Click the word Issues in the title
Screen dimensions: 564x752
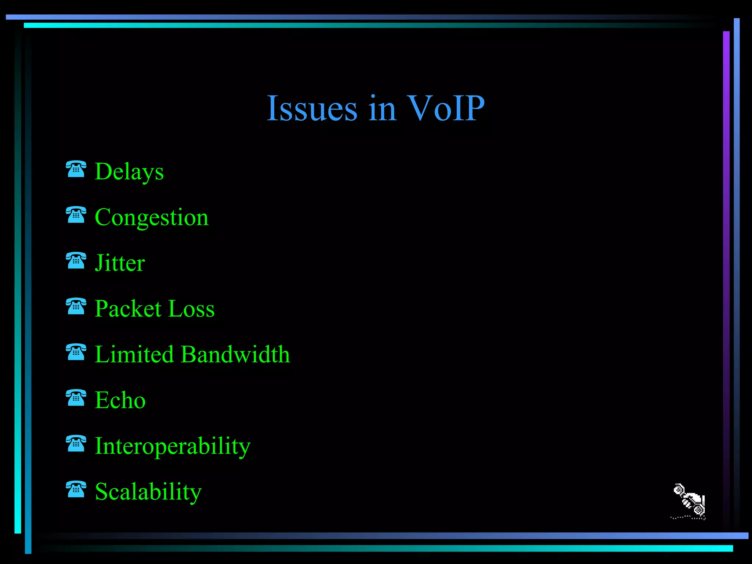(x=312, y=109)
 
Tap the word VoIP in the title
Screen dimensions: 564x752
(x=446, y=109)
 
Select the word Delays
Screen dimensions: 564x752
(x=129, y=171)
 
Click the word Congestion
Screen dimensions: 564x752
(x=152, y=217)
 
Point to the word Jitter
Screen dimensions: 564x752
(x=120, y=263)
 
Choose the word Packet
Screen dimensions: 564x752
(x=128, y=309)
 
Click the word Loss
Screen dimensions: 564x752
(x=192, y=309)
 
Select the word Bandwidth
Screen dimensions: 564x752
(x=235, y=354)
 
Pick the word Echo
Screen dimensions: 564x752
(x=120, y=400)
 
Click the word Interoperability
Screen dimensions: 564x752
(x=173, y=446)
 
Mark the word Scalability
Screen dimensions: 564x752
(x=148, y=492)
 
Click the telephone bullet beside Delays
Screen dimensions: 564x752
(x=76, y=169)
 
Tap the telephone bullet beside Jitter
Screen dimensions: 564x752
(x=76, y=260)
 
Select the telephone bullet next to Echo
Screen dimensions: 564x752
(x=76, y=398)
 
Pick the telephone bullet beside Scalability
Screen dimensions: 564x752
(x=76, y=489)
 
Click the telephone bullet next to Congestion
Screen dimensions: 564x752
(x=76, y=215)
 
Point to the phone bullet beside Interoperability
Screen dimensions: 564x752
(x=76, y=444)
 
